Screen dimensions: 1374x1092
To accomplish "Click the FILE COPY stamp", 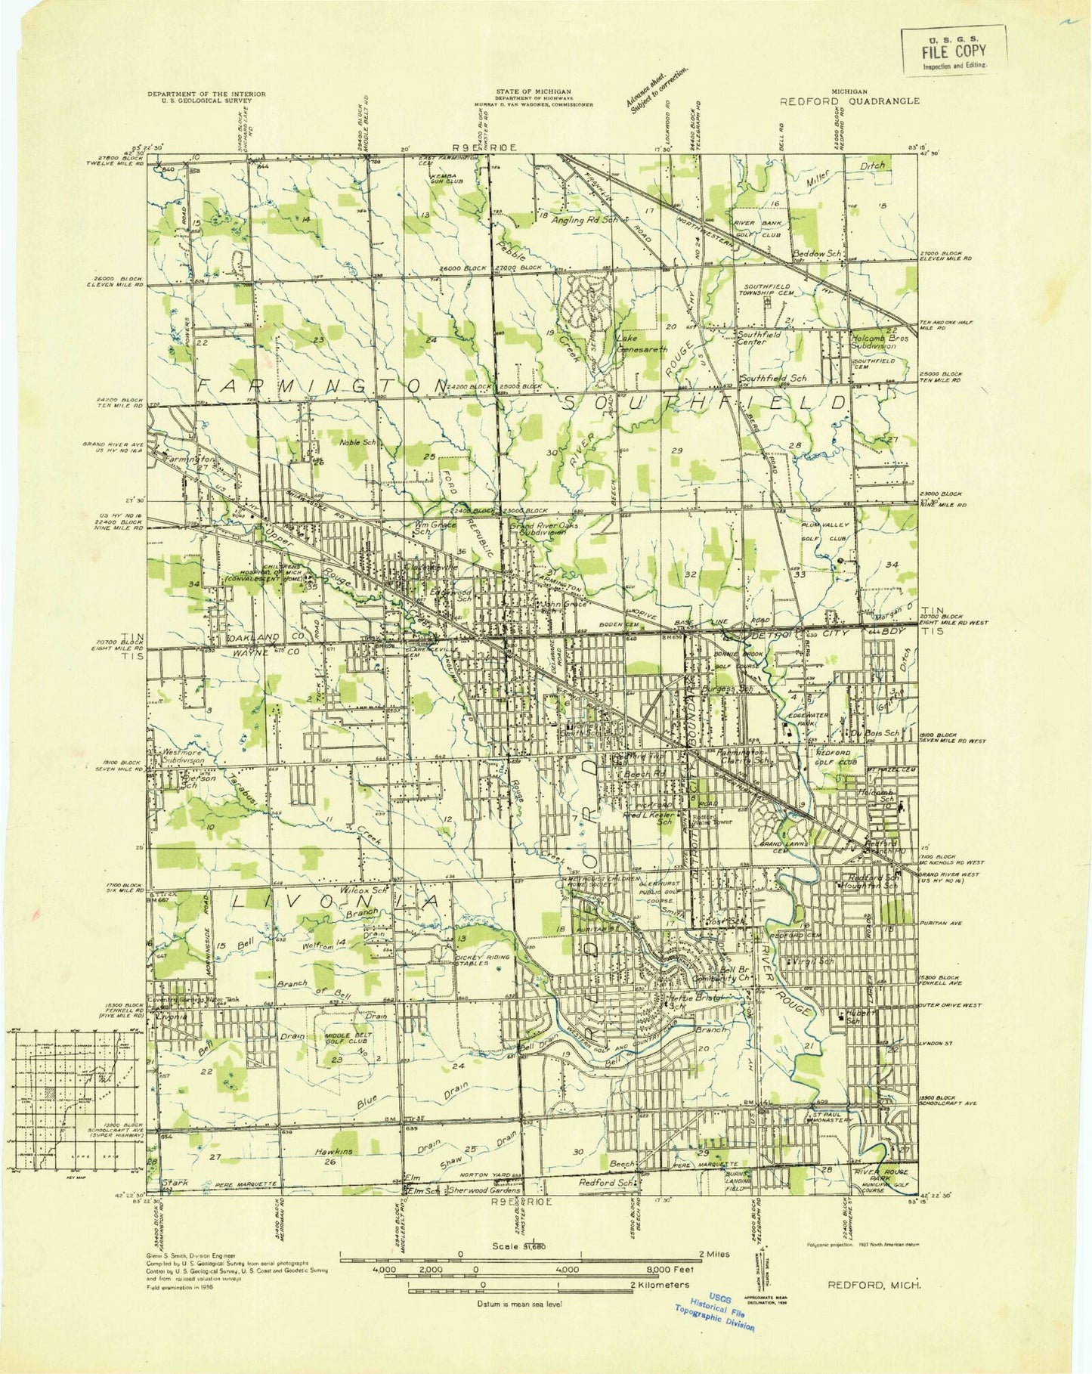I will point(953,51).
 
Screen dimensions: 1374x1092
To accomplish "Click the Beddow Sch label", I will point(817,254).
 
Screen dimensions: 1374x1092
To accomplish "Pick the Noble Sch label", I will point(357,442).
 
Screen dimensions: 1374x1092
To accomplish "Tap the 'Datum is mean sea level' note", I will point(519,1303).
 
